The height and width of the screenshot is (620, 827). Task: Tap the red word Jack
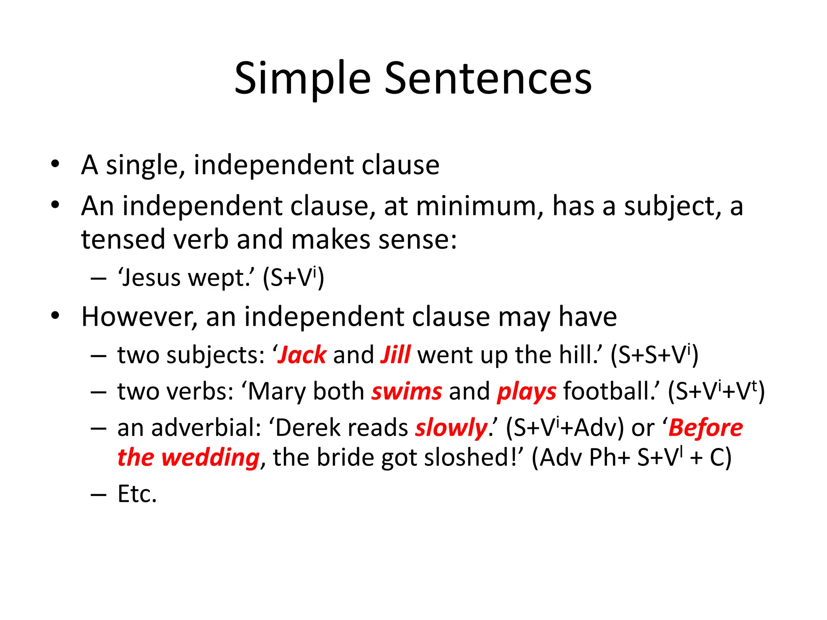coord(302,355)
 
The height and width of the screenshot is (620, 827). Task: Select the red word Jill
coord(395,355)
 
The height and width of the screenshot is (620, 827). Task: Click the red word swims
coord(407,392)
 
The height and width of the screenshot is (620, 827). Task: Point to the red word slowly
coord(451,428)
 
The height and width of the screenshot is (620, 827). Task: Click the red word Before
coord(705,428)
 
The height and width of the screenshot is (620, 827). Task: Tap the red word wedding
coord(210,458)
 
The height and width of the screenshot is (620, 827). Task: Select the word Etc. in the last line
coord(137,494)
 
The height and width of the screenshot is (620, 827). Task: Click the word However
coord(139,317)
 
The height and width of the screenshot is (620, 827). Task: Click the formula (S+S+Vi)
coord(654,355)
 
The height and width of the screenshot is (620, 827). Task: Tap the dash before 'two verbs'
coord(98,392)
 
